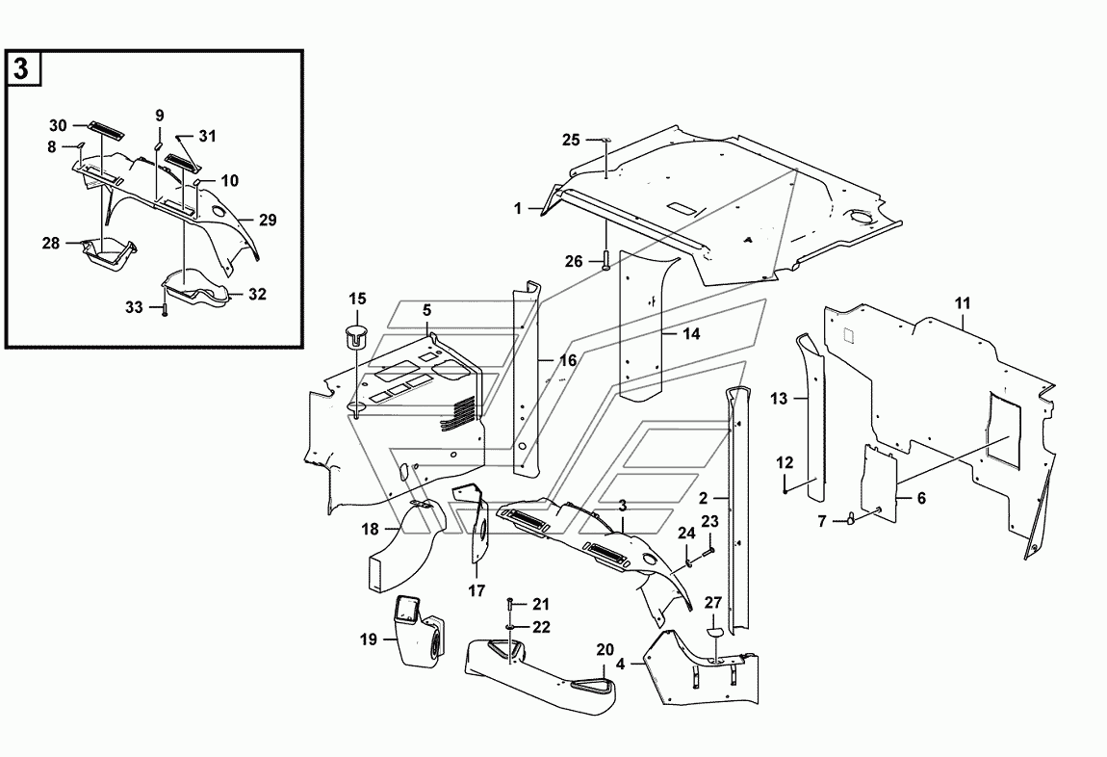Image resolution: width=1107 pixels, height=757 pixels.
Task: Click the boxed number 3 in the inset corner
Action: tap(21, 69)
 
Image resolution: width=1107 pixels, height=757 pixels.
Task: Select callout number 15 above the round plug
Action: tap(358, 299)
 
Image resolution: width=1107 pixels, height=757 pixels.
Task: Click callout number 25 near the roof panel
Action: tap(571, 141)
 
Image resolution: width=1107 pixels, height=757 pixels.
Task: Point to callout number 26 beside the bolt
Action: tap(574, 262)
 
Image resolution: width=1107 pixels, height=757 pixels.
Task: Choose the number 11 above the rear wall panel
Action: tap(963, 303)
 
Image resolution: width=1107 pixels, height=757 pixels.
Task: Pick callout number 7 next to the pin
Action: tap(822, 522)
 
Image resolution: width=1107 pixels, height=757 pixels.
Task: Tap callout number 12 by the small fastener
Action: tap(785, 463)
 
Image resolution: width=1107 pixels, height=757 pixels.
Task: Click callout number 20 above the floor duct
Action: tap(605, 650)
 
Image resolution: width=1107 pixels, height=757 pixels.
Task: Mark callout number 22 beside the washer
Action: tap(541, 627)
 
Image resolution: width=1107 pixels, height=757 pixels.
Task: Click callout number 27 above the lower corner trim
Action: tap(713, 603)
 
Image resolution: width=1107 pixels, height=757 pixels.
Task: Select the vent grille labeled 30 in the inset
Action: tap(105, 131)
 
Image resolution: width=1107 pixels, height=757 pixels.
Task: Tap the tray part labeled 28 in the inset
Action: tap(110, 254)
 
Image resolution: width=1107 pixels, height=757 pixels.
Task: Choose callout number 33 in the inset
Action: tap(134, 308)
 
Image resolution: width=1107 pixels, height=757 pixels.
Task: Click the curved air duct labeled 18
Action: tap(407, 544)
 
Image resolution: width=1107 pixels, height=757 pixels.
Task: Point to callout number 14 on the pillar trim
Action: tap(692, 334)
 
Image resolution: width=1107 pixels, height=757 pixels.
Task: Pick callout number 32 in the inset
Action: tap(257, 294)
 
